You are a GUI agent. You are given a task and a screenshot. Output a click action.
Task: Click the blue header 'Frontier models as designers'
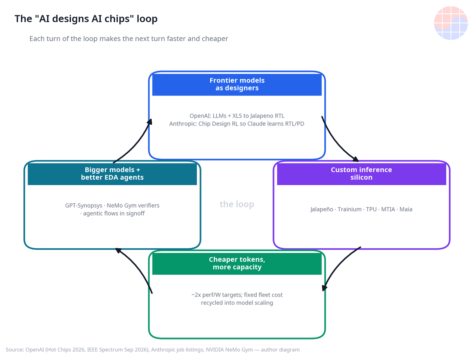tap(237, 84)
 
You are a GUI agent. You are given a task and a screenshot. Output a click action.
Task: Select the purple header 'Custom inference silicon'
tap(361, 174)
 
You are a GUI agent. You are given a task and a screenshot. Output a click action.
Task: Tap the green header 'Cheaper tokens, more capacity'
tap(237, 263)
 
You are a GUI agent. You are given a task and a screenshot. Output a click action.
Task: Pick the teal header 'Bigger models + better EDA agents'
tap(112, 174)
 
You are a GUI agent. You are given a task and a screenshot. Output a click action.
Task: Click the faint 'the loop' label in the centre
tap(237, 204)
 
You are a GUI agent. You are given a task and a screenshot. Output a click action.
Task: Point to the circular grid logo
tap(451, 23)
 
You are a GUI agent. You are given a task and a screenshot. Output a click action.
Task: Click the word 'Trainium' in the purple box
tap(350, 209)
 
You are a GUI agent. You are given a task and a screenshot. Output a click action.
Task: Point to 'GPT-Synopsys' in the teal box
tap(84, 206)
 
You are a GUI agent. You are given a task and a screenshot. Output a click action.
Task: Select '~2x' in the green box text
tap(196, 295)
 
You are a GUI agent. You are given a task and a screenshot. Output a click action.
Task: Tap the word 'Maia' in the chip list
tap(406, 209)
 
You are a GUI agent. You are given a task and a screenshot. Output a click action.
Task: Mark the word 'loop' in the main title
tap(147, 19)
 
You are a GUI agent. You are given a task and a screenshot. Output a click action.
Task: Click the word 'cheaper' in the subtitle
tap(214, 39)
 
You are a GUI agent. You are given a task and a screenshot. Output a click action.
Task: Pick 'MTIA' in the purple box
tap(388, 209)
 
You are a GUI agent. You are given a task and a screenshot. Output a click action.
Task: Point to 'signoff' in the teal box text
tap(135, 214)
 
